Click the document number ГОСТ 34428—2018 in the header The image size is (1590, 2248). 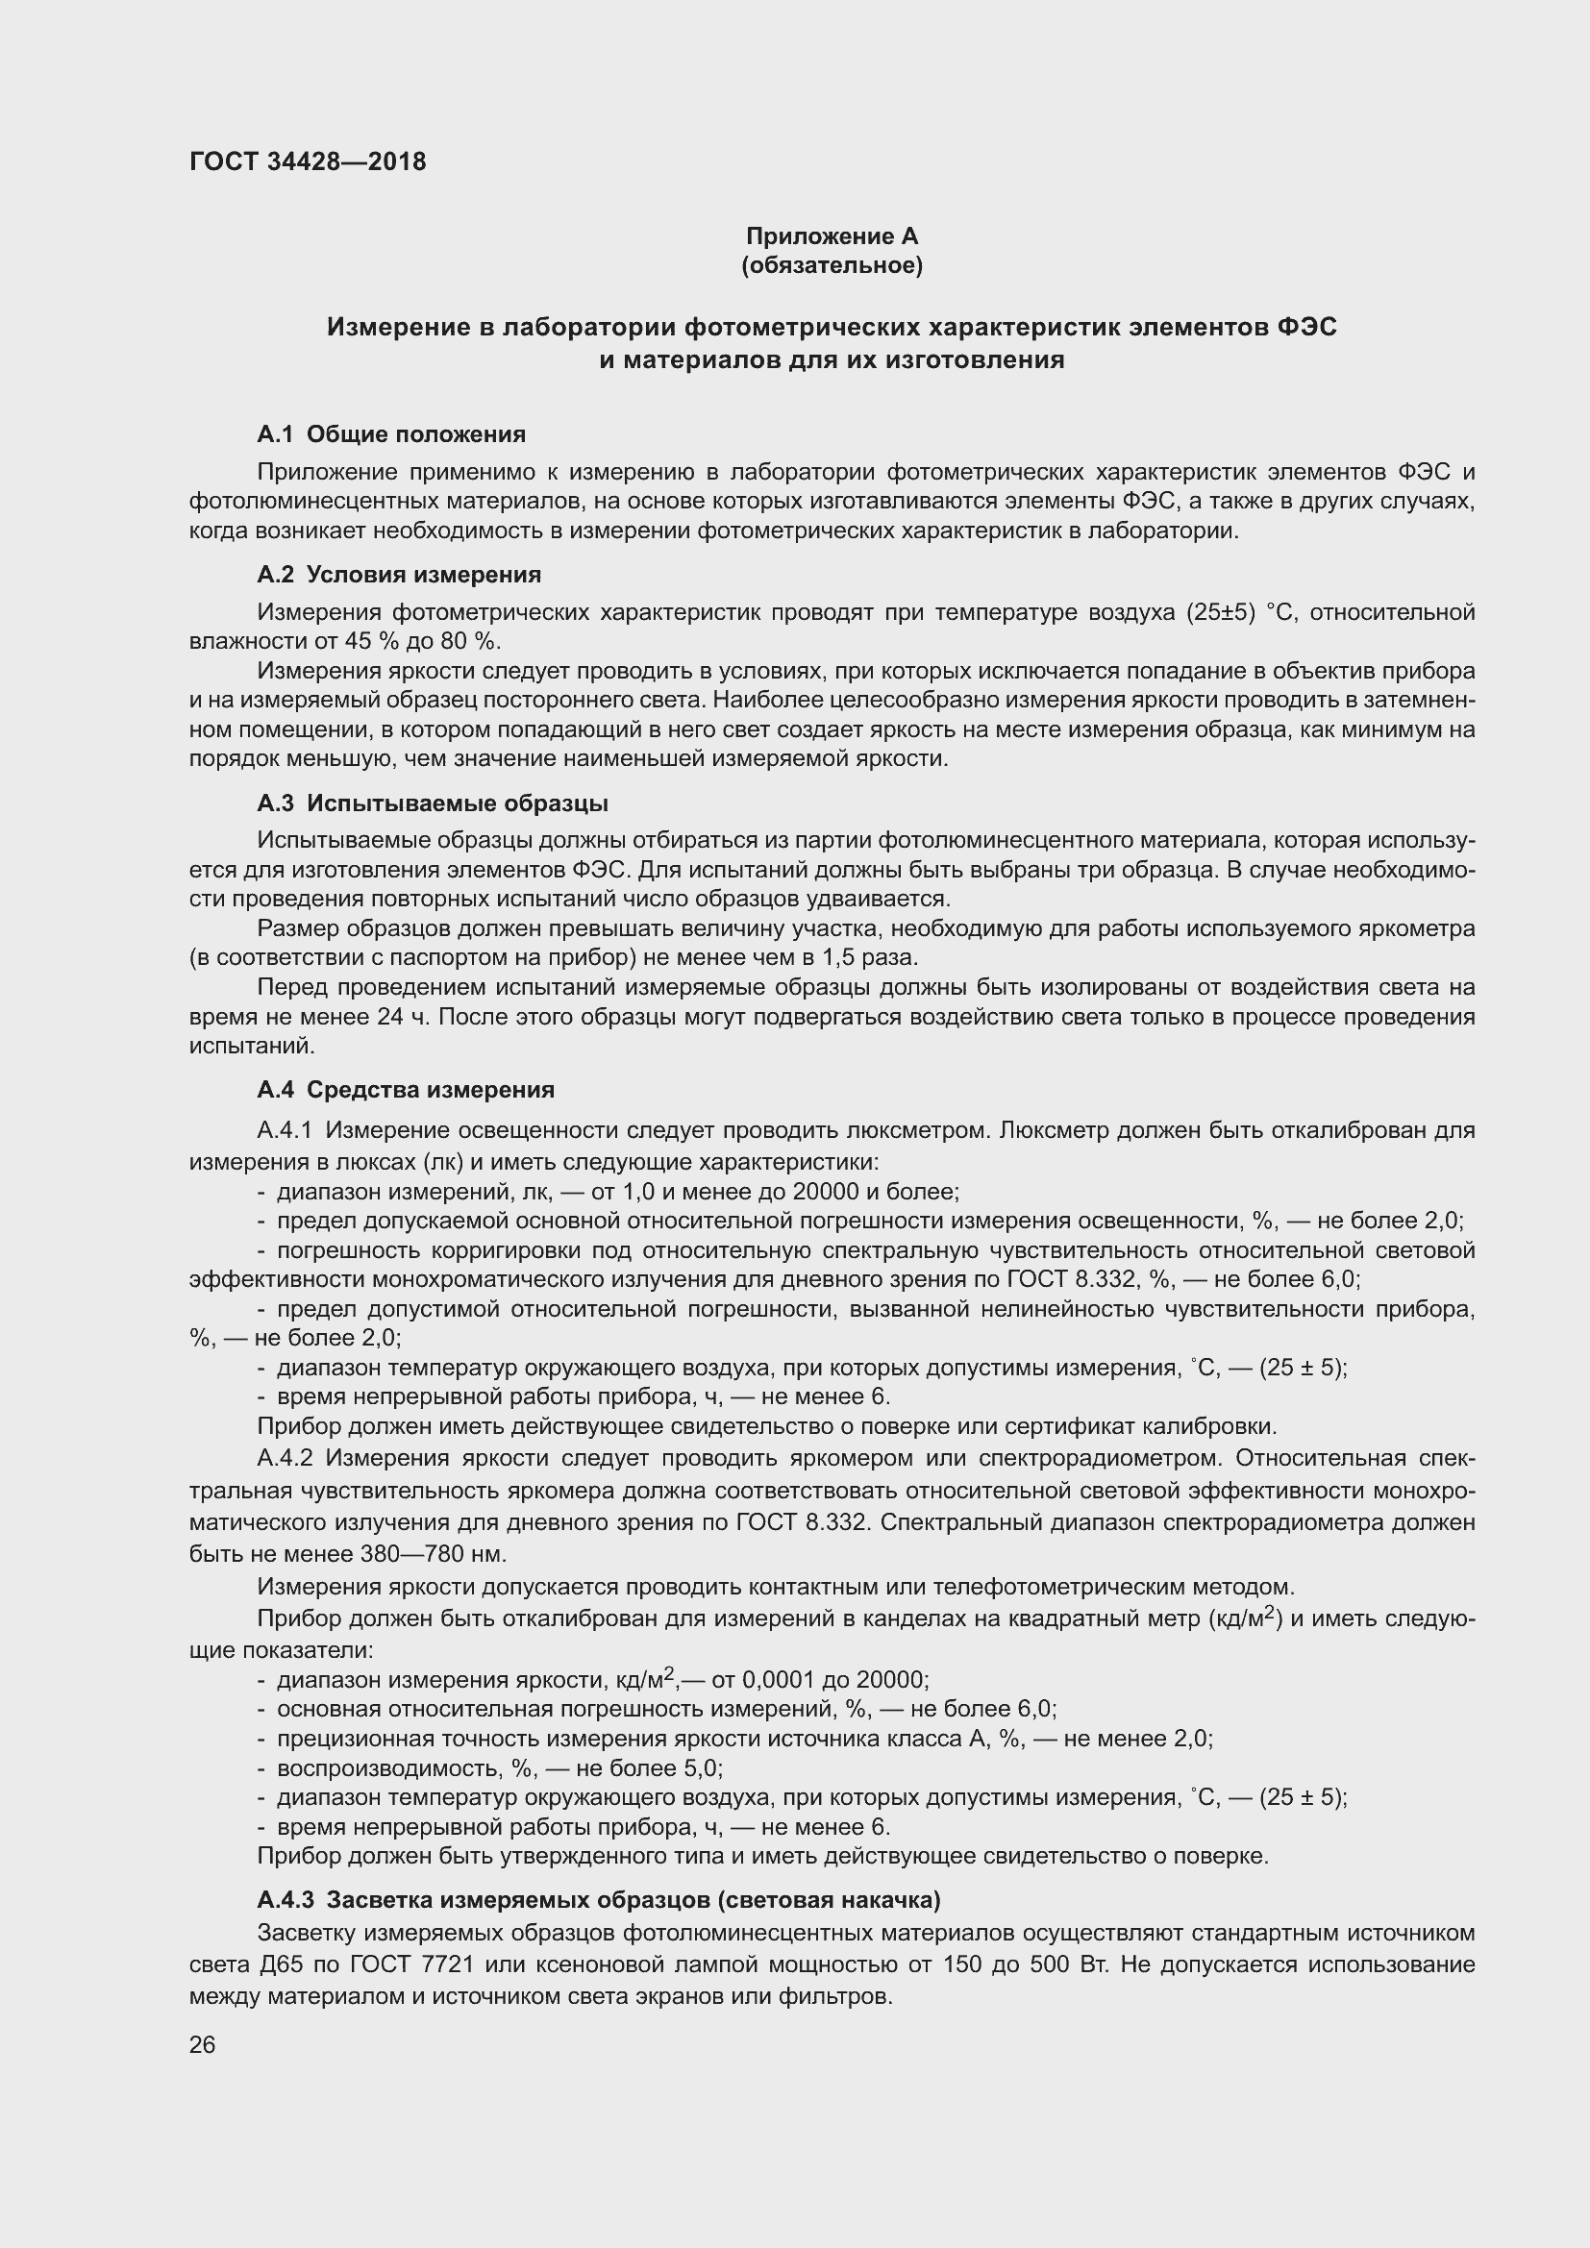click(308, 161)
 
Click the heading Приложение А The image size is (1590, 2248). click(832, 236)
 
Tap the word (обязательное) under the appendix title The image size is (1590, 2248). click(832, 265)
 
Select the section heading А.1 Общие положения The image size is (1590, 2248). click(390, 433)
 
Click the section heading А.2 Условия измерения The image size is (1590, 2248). click(399, 575)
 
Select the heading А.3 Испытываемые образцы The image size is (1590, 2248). click(432, 803)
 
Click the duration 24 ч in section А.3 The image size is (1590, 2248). click(404, 1016)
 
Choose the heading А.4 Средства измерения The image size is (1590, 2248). click(406, 1090)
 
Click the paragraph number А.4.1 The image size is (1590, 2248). click(284, 1131)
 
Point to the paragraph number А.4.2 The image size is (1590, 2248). click(284, 1458)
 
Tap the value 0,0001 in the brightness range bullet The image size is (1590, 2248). click(779, 1681)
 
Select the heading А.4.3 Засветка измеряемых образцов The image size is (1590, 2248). click(598, 1900)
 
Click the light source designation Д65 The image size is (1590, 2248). click(257, 1964)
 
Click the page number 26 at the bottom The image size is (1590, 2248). click(202, 2045)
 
